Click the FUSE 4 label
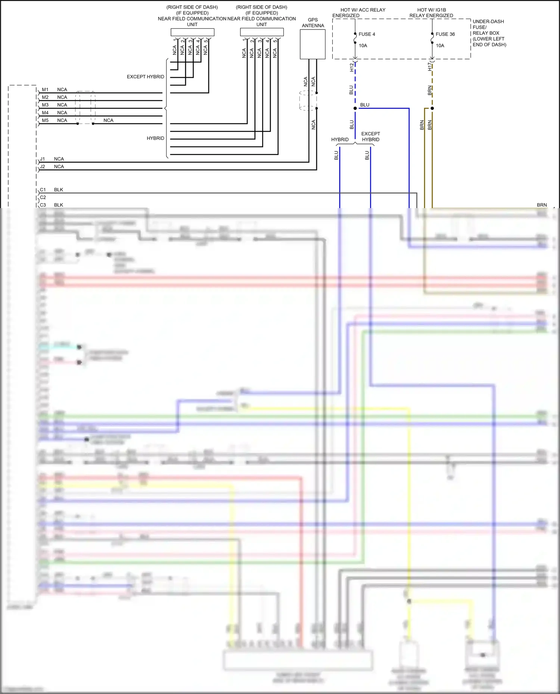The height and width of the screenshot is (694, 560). click(367, 34)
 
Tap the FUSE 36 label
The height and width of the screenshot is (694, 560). click(445, 34)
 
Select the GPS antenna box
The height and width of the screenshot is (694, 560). click(312, 44)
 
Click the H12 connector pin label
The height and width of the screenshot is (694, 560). click(351, 67)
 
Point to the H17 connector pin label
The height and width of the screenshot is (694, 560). click(429, 67)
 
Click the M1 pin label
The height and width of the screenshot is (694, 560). click(45, 90)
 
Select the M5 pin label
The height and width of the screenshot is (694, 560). click(45, 120)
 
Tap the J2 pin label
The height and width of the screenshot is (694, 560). click(43, 167)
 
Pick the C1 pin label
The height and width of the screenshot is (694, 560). click(43, 190)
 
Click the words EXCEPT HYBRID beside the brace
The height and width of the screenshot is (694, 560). click(145, 77)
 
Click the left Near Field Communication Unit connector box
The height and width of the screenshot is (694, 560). click(192, 32)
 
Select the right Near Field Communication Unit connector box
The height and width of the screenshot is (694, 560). click(262, 32)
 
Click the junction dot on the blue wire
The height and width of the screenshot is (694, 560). click(355, 109)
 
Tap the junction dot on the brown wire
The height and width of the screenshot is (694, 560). click(432, 109)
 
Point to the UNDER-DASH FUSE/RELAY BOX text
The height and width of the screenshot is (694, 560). click(489, 33)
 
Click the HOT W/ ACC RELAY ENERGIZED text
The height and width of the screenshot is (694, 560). click(358, 13)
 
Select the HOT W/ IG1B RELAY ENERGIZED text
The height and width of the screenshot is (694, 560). click(431, 13)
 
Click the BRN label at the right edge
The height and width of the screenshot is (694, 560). click(542, 205)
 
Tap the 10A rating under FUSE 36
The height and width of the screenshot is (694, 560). click(440, 46)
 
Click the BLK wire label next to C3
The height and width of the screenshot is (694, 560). click(59, 205)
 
